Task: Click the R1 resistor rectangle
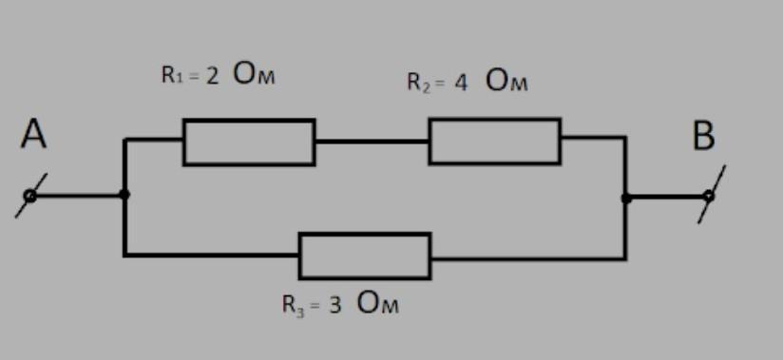tap(249, 120)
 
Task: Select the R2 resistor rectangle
tap(494, 119)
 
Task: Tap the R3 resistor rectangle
tap(365, 233)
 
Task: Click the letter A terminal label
tap(33, 134)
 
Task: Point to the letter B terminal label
tap(703, 136)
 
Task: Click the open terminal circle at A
tap(30, 196)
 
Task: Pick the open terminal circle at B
tap(709, 197)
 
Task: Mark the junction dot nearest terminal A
tap(124, 194)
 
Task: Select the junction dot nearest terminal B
tap(626, 199)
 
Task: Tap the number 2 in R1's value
tap(212, 75)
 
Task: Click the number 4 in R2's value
tap(461, 83)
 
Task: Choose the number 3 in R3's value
tap(334, 305)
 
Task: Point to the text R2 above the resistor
tap(418, 83)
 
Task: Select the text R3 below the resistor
tap(293, 305)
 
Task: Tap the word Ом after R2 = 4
tap(506, 82)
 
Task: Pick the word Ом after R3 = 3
tap(378, 303)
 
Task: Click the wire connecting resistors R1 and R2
tap(372, 142)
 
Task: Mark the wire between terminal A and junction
tap(77, 196)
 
